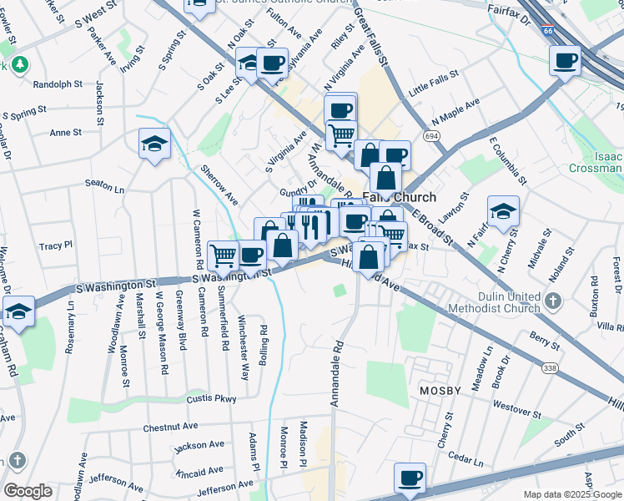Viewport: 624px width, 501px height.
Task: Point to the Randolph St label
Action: [58, 84]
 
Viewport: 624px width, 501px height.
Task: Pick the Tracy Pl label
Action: [56, 246]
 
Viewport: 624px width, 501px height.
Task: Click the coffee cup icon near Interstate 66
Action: [565, 61]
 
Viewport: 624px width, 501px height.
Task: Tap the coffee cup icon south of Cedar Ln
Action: [410, 478]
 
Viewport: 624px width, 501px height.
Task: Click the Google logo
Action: [28, 491]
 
